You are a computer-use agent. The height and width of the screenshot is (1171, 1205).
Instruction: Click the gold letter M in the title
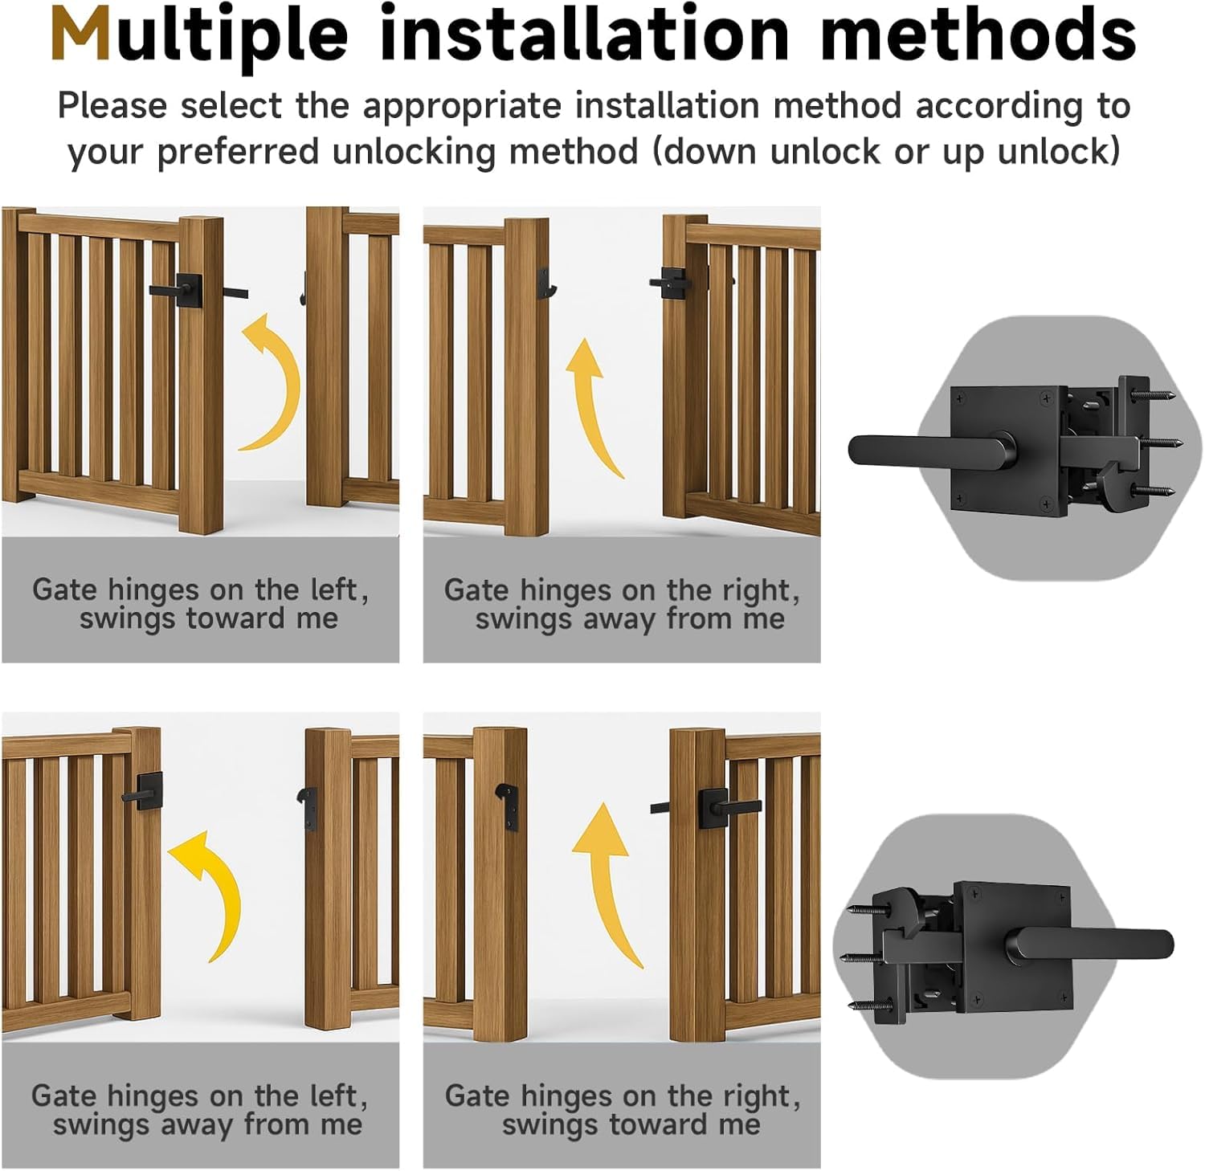point(80,34)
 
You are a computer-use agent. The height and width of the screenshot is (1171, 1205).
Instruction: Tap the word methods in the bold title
point(978,34)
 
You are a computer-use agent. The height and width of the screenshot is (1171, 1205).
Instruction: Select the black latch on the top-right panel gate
point(671,282)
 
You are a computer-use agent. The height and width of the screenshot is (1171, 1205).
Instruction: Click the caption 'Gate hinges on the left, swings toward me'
point(201,604)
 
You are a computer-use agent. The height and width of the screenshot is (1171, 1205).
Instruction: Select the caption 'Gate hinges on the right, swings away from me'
point(623,604)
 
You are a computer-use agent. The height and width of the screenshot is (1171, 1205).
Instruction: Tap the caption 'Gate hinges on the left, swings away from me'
point(200,1110)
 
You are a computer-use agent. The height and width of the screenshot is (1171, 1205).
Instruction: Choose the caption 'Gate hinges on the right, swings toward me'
point(623,1110)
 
